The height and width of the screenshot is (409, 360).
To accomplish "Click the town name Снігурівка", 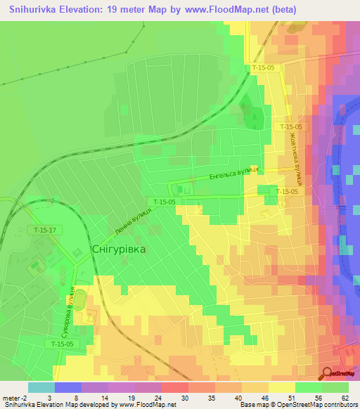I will [x=119, y=249].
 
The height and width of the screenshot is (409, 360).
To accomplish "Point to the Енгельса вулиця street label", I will [x=236, y=174].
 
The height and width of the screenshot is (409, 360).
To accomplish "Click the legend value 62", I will [x=345, y=398].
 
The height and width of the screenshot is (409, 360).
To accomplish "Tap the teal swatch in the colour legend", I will [x=41, y=387].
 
